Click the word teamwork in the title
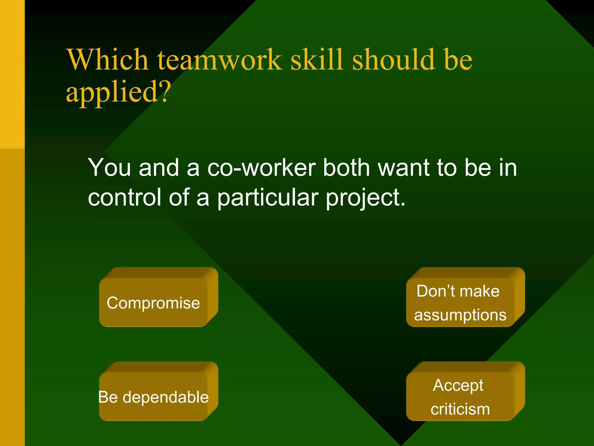pyautogui.click(x=219, y=60)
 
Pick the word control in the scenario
pyautogui.click(x=124, y=197)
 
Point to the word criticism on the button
pyautogui.click(x=460, y=409)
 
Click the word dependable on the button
pyautogui.click(x=166, y=397)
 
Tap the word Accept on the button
pyautogui.click(x=458, y=386)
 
